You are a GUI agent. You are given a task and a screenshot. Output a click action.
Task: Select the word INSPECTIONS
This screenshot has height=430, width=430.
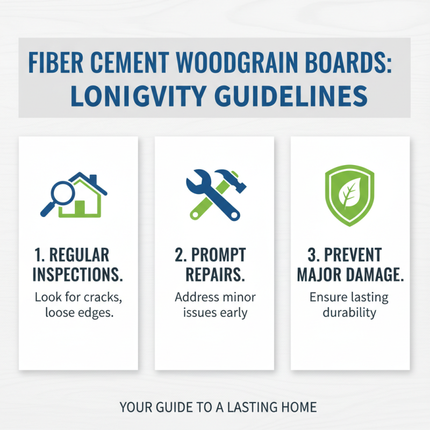(77, 274)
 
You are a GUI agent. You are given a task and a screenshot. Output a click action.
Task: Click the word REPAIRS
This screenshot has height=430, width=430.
(215, 274)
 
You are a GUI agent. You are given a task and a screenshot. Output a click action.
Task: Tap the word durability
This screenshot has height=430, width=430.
(349, 312)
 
